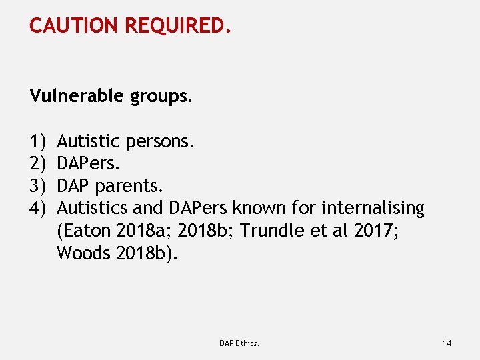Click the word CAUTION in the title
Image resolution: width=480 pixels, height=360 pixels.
pos(73,26)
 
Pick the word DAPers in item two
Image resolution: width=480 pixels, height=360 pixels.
pos(87,163)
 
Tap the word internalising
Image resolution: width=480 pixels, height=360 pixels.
pos(373,209)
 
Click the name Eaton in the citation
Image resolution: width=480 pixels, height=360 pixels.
pos(86,231)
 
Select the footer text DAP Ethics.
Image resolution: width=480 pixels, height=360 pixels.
pos(239,343)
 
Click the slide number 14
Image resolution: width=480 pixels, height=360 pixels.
pos(447,343)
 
